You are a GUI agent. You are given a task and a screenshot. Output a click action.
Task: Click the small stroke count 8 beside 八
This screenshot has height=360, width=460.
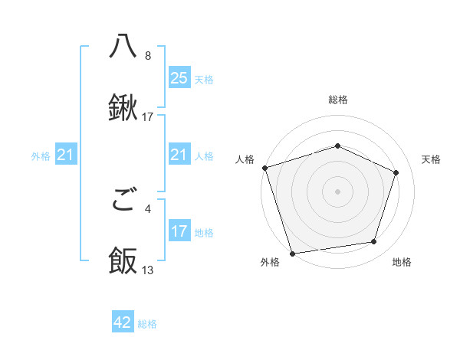pyautogui.click(x=147, y=55)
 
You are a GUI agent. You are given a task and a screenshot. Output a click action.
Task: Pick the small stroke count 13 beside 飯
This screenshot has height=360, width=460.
pyautogui.click(x=148, y=270)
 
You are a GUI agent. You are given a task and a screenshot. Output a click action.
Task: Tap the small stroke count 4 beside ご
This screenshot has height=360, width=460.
pyautogui.click(x=147, y=208)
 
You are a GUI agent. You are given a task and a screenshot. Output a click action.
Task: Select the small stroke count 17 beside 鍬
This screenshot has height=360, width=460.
pyautogui.click(x=148, y=117)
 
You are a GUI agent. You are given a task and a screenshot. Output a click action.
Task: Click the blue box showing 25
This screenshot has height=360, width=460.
pyautogui.click(x=179, y=78)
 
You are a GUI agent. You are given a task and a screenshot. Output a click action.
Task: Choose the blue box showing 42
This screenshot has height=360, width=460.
pyautogui.click(x=123, y=323)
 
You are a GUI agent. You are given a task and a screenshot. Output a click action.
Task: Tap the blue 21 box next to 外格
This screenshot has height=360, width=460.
pyautogui.click(x=66, y=155)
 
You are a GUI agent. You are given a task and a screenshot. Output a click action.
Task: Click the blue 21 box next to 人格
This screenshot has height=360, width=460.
pyautogui.click(x=179, y=155)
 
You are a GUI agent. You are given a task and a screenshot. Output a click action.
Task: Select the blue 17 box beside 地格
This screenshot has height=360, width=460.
pyautogui.click(x=179, y=232)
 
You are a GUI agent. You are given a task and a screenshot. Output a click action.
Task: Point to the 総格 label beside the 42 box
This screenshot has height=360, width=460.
pyautogui.click(x=147, y=324)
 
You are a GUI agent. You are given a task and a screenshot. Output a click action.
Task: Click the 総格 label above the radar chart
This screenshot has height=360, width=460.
pyautogui.click(x=338, y=100)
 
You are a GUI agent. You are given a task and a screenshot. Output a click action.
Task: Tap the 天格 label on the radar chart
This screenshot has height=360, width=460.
pyautogui.click(x=432, y=159)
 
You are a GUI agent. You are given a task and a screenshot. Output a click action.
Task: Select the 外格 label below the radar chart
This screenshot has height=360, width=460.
pyautogui.click(x=270, y=263)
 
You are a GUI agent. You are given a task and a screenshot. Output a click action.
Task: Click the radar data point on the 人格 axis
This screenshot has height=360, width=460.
pyautogui.click(x=264, y=168)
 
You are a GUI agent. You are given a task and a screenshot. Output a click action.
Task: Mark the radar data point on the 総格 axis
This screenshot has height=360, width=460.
pyautogui.click(x=338, y=146)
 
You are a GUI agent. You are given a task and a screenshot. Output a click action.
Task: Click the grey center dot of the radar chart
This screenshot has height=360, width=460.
pyautogui.click(x=338, y=191)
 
